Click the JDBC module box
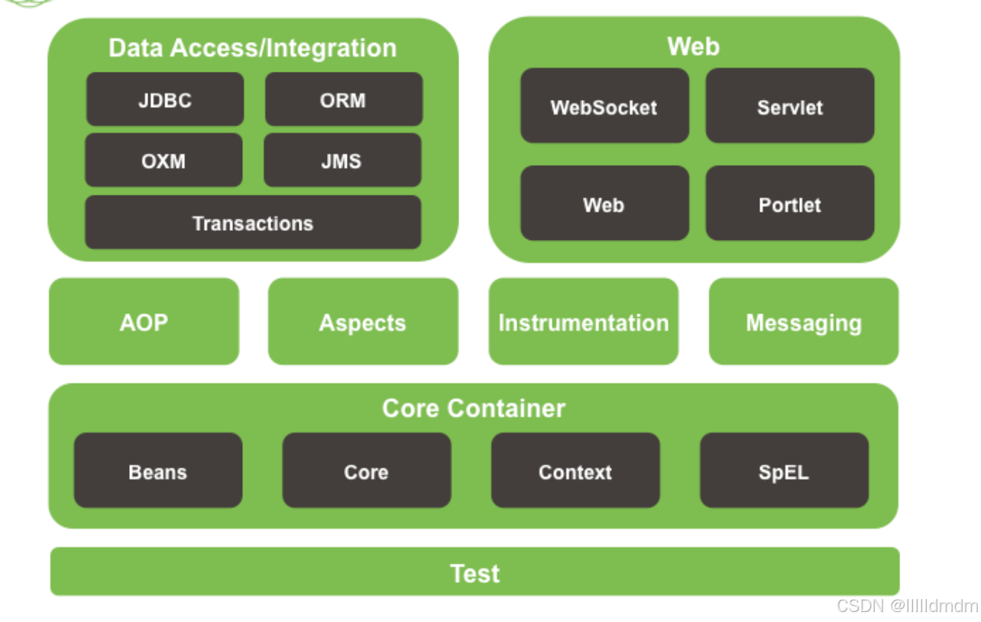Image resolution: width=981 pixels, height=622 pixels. [x=165, y=99]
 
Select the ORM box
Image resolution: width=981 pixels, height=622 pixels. [x=343, y=99]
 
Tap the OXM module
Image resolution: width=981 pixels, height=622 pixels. [x=163, y=160]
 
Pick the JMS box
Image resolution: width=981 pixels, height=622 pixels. [x=342, y=160]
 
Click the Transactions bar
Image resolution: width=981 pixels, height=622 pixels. [x=253, y=222]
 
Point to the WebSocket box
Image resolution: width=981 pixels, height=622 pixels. [x=604, y=106]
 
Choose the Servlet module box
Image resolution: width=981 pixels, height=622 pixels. [x=789, y=106]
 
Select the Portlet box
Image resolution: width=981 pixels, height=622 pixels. [x=789, y=204]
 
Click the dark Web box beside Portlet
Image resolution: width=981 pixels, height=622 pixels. [x=604, y=204]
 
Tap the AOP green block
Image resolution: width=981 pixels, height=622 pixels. [x=144, y=322]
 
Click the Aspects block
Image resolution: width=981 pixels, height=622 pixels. [x=363, y=322]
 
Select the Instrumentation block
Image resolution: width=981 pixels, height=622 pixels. [x=583, y=322]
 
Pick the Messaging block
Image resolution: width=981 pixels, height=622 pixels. [x=804, y=322]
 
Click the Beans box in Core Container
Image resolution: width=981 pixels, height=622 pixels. [x=158, y=471]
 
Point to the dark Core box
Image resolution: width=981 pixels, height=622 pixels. [x=367, y=471]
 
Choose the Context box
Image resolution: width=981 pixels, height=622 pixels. [x=575, y=471]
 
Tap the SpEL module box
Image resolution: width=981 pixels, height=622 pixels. [x=784, y=471]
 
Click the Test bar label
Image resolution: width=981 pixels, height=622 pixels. [x=474, y=572]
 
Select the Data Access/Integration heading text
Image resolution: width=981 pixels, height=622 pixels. [x=253, y=47]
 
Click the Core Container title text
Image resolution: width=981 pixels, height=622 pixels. [x=474, y=407]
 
